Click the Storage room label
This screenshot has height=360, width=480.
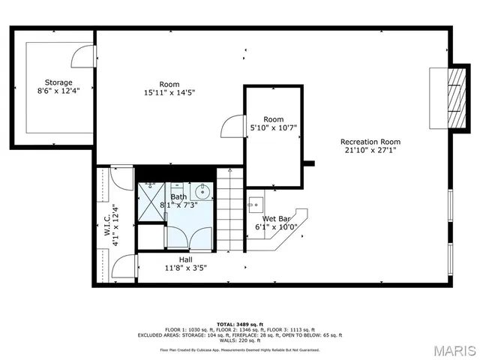58,82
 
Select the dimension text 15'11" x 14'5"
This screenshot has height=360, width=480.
175,94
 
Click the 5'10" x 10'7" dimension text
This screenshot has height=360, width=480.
274,127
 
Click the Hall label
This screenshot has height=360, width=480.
185,259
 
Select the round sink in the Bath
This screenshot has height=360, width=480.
202,193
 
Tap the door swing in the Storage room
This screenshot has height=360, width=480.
83,56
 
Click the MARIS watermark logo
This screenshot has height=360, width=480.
453,350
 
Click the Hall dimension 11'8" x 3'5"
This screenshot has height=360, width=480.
185,267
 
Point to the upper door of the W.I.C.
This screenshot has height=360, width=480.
120,178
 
